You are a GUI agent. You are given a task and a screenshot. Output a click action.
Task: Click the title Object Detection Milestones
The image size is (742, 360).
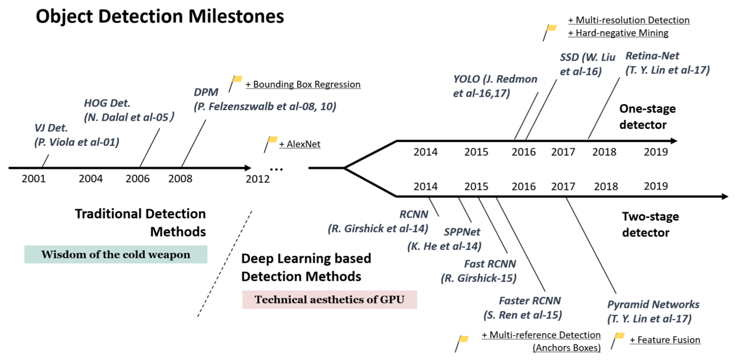pyautogui.click(x=159, y=16)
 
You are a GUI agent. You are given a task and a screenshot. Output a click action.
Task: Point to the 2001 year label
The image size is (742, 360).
pyautogui.click(x=33, y=178)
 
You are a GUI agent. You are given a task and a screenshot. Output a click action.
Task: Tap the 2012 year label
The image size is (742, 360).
pyautogui.click(x=258, y=179)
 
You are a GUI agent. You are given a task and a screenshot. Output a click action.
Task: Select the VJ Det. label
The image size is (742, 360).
pyautogui.click(x=50, y=128)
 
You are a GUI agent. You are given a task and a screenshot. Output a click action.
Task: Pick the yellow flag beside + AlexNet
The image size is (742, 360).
pyautogui.click(x=272, y=140)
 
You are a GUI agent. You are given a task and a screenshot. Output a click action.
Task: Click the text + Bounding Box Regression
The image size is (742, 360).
pyautogui.click(x=303, y=84)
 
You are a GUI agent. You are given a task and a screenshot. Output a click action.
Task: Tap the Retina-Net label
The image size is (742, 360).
pyautogui.click(x=652, y=56)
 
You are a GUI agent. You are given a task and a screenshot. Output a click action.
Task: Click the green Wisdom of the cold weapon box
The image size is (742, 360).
pyautogui.click(x=115, y=254)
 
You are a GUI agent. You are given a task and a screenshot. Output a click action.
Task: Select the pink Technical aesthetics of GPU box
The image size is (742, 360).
pyautogui.click(x=329, y=300)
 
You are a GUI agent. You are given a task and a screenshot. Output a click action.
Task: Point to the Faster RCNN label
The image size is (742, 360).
pyautogui.click(x=530, y=301)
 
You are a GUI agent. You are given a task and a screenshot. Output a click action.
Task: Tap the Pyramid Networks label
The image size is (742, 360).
pyautogui.click(x=653, y=304)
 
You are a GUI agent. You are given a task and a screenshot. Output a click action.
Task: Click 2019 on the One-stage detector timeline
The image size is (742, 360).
pyautogui.click(x=655, y=152)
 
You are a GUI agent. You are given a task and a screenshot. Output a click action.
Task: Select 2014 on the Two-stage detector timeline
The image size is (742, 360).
pyautogui.click(x=426, y=186)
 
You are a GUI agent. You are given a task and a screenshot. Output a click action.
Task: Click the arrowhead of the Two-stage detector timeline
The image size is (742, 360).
pyautogui.click(x=724, y=196)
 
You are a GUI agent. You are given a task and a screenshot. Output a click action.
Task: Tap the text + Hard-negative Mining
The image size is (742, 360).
pyautogui.click(x=618, y=33)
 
